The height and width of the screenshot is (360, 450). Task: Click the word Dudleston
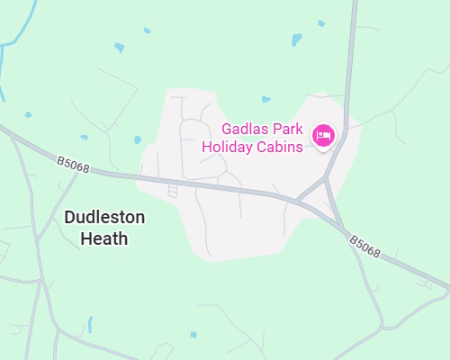coord(104,218)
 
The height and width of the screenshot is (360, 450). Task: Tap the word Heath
coord(104,238)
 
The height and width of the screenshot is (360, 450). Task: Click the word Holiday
coord(228,147)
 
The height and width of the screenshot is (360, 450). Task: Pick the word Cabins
coord(280,147)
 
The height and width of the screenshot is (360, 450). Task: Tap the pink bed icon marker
coord(323,136)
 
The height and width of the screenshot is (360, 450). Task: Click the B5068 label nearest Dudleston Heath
coord(72,164)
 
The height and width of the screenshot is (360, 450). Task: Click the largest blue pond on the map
coord(297,40)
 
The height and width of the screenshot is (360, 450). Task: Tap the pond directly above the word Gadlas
coord(265,98)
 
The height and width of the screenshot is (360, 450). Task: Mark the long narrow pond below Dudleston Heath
coord(89,324)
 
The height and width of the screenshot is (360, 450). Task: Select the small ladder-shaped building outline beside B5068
coord(173,190)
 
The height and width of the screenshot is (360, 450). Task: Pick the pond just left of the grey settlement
coord(138,139)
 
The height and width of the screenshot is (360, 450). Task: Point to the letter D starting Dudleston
coord(70,218)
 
